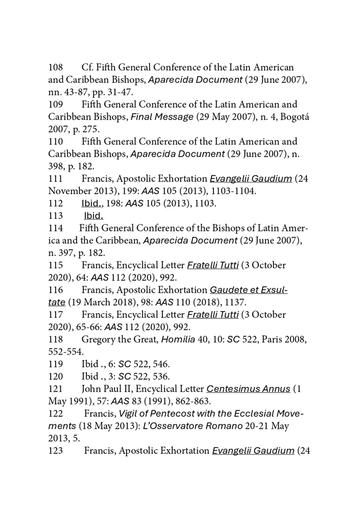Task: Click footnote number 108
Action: (x=56, y=67)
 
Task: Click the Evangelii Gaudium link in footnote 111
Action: (x=251, y=179)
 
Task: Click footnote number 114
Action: (x=56, y=228)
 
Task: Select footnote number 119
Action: (x=56, y=364)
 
